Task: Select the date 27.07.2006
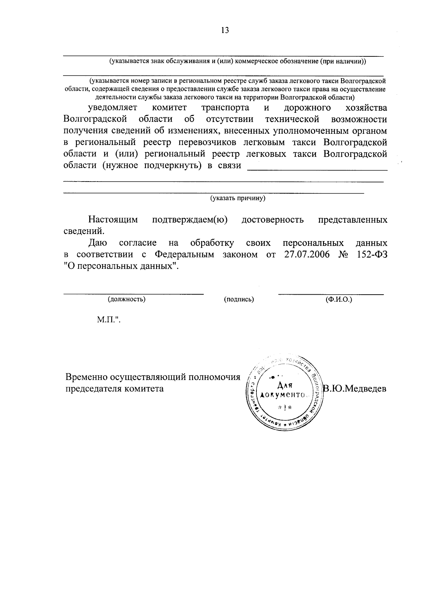point(307,255)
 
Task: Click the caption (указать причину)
point(238,198)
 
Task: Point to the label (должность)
point(127,299)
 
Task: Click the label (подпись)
point(239,299)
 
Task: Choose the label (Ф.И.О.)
point(339,299)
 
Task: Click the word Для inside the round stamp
point(284,385)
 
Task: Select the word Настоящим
point(113,220)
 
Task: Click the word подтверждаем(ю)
point(189,220)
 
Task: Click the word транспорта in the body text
point(225,107)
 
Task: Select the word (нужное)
point(120,165)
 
